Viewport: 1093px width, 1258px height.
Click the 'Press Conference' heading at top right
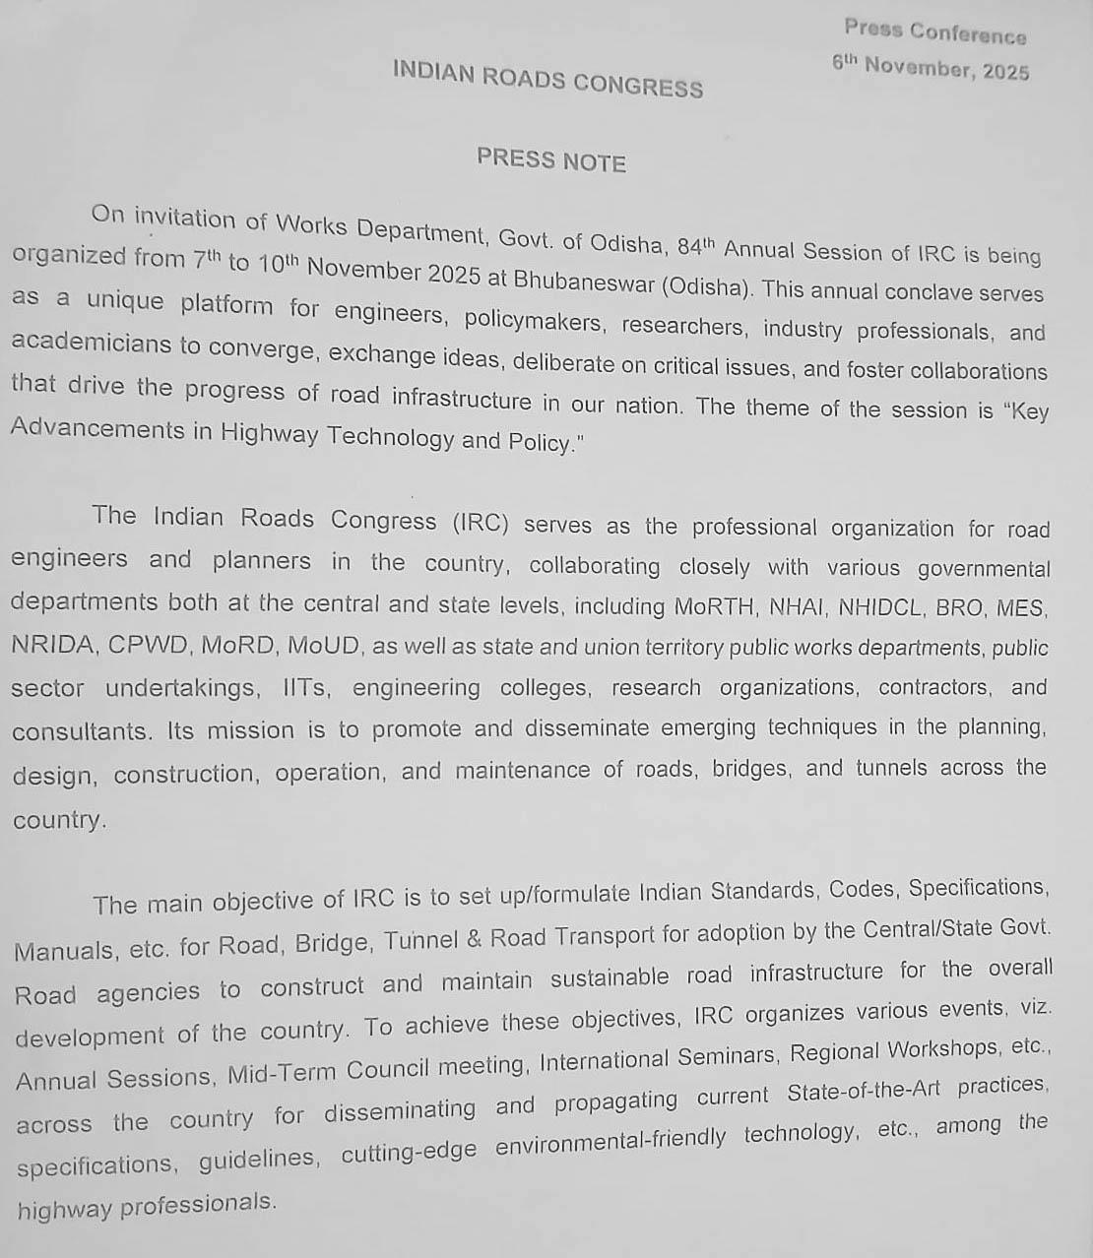[934, 33]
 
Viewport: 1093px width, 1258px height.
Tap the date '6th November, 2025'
[931, 68]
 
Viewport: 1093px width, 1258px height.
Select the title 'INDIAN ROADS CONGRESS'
[547, 80]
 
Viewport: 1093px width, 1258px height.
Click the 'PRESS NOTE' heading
[551, 160]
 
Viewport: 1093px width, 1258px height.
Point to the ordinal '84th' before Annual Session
[695, 245]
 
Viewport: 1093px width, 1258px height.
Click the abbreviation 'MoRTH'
[716, 606]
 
